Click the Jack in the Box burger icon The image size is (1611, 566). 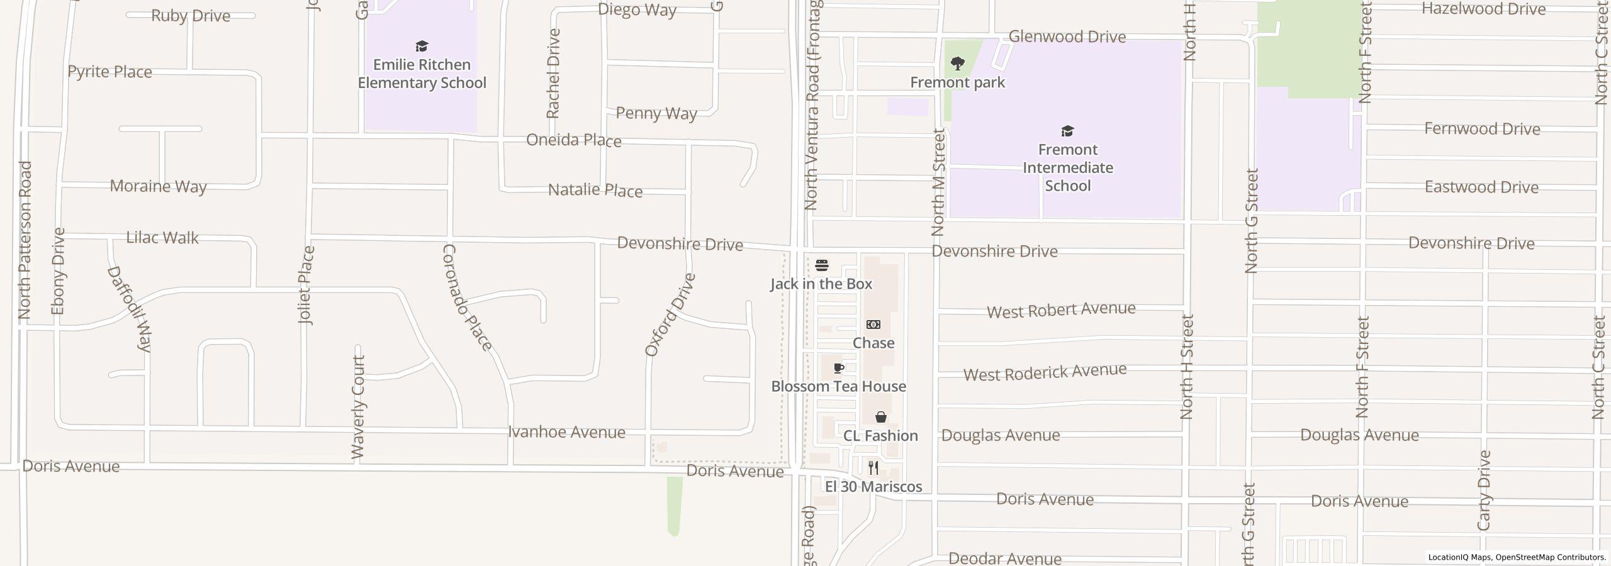[x=821, y=265]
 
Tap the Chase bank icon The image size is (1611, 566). [x=873, y=325]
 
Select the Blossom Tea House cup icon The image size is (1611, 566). [x=839, y=368]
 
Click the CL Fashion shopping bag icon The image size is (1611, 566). [x=880, y=417]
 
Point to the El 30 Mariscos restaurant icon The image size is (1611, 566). [x=873, y=468]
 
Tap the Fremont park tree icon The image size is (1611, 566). [x=957, y=64]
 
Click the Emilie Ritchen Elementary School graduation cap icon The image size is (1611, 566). [x=422, y=46]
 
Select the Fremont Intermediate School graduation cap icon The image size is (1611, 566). [x=1067, y=131]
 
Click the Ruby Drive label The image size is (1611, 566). [x=191, y=16]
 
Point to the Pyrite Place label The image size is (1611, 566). [x=109, y=72]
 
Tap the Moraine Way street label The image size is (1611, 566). [x=158, y=186]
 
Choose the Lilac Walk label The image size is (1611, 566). [x=162, y=238]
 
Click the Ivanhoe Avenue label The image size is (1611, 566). [x=566, y=432]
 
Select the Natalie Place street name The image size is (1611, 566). [x=595, y=190]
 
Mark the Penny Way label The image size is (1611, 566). [x=656, y=113]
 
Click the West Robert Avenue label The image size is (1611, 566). [x=1061, y=310]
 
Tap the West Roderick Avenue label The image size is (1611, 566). [x=1045, y=372]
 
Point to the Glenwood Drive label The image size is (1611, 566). [x=1067, y=36]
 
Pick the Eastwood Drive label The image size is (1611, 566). [x=1481, y=187]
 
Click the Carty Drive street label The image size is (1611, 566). [x=1484, y=491]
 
